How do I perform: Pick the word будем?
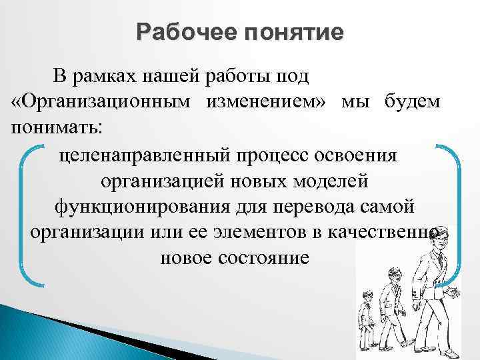click(x=411, y=103)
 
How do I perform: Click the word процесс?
click(x=275, y=155)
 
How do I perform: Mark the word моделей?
click(x=326, y=181)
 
